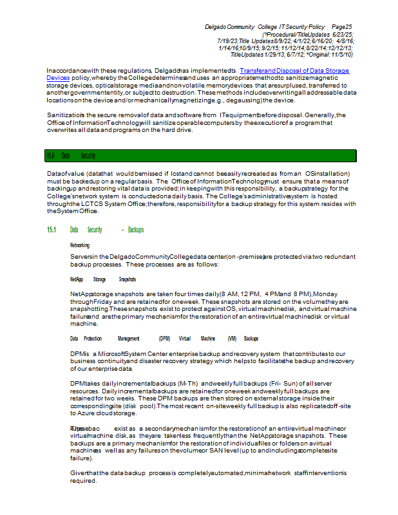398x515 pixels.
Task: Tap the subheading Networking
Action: click(80, 245)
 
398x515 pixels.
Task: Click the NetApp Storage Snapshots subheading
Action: click(103, 279)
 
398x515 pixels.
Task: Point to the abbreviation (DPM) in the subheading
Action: click(165, 338)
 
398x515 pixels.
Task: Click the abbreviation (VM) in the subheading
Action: click(232, 338)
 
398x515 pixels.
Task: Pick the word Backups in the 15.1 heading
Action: click(136, 230)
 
